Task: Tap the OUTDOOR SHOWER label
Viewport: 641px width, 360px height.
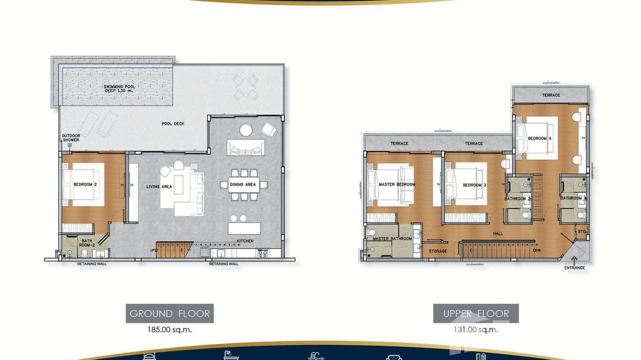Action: tap(71, 138)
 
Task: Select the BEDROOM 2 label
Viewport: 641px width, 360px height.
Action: tap(85, 184)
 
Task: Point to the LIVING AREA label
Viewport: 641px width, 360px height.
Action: tap(159, 187)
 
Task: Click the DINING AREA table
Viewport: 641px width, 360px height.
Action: tap(244, 184)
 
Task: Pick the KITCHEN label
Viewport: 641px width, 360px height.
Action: tap(245, 241)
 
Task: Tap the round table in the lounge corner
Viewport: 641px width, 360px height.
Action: tap(246, 130)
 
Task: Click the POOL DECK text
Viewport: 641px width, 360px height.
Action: tap(173, 124)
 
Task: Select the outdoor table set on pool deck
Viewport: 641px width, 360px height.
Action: tap(246, 87)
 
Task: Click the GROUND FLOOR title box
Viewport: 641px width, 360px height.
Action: tap(170, 314)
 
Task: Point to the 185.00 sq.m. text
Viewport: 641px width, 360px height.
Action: tap(170, 329)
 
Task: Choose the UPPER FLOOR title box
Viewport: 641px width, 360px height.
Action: tap(476, 314)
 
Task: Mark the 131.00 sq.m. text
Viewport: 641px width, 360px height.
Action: tap(476, 329)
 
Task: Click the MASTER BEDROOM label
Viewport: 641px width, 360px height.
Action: tap(396, 184)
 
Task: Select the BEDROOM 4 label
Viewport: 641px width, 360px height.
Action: tap(540, 138)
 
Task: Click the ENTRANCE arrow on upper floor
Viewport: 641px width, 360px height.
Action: tap(574, 260)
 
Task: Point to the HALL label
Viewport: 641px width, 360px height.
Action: tap(498, 234)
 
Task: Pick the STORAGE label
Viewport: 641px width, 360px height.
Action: tap(438, 251)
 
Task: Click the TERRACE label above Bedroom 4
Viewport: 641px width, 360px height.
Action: tap(551, 95)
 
